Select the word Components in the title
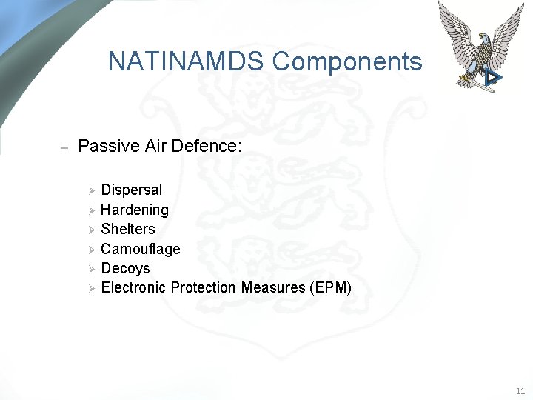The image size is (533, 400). (347, 61)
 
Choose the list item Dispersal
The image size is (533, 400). (131, 190)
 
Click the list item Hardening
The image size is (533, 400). (135, 210)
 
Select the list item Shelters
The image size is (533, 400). (127, 230)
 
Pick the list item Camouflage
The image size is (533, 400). (140, 249)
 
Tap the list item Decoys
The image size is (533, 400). (125, 268)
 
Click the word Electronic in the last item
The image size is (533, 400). (133, 287)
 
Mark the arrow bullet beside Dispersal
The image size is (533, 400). (93, 191)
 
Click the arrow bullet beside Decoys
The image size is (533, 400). (93, 269)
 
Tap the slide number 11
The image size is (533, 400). (520, 390)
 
